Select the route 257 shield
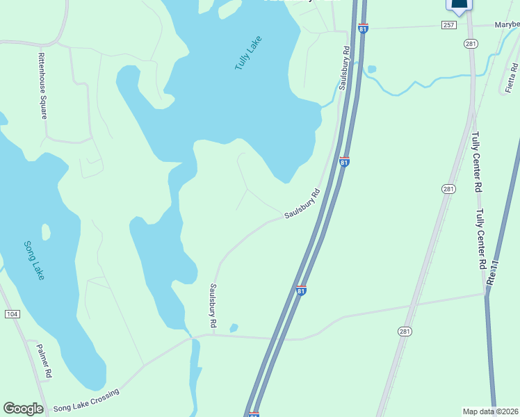click(448, 25)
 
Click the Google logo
click(23, 409)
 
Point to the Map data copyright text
click(491, 411)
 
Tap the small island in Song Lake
click(46, 231)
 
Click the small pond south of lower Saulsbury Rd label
click(234, 328)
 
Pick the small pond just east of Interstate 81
click(371, 69)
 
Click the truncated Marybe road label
click(507, 25)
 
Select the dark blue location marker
click(459, 6)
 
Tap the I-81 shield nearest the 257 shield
click(363, 28)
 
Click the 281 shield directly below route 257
click(470, 44)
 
